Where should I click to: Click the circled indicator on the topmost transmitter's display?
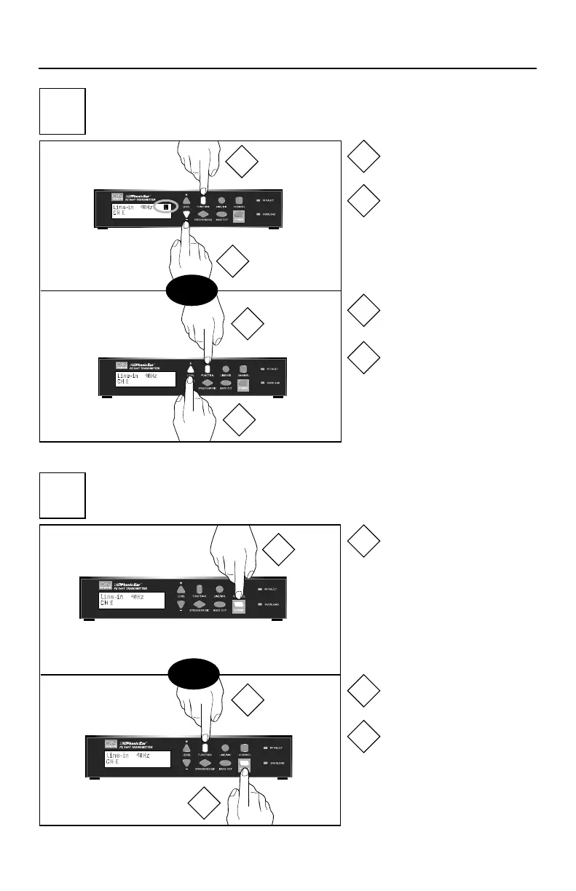point(165,207)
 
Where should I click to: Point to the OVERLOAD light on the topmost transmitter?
point(258,215)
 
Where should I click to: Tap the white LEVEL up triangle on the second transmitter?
point(191,368)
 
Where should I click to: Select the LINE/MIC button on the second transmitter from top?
point(227,368)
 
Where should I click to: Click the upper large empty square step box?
point(62,111)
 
